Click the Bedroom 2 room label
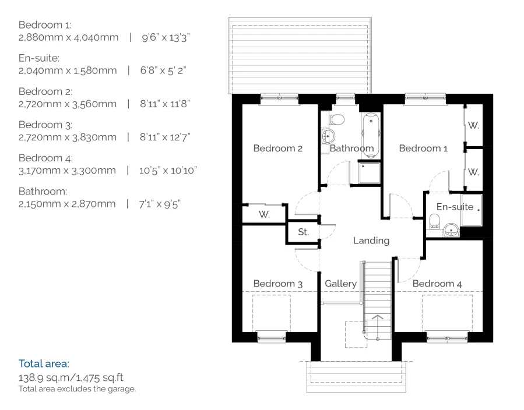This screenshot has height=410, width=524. coord(277,149)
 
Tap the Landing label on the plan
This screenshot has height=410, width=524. coord(371,241)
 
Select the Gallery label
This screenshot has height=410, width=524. coord(340,284)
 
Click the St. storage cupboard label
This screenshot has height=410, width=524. coord(303,232)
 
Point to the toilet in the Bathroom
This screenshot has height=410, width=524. coord(337,119)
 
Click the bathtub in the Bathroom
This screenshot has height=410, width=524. coord(371,136)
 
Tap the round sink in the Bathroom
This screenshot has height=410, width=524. coord(328,136)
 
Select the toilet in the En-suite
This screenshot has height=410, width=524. coord(434,221)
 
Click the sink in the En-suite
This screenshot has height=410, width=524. coord(452,229)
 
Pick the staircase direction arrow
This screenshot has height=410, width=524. coord(377,317)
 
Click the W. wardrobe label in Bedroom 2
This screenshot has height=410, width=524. coord(264,214)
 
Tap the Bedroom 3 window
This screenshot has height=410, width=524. coord(272,337)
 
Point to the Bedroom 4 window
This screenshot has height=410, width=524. coord(448,337)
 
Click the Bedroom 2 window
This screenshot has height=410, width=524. coord(279,99)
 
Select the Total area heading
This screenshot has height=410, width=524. coord(44,363)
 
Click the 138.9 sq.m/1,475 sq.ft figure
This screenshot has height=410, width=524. coord(71,377)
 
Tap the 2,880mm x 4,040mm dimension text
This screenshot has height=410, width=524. coord(69,37)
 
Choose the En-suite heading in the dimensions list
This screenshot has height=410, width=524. coord(39,58)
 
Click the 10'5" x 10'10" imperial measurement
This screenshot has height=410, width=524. coord(168,171)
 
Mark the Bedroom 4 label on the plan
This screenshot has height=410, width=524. coord(437,284)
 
